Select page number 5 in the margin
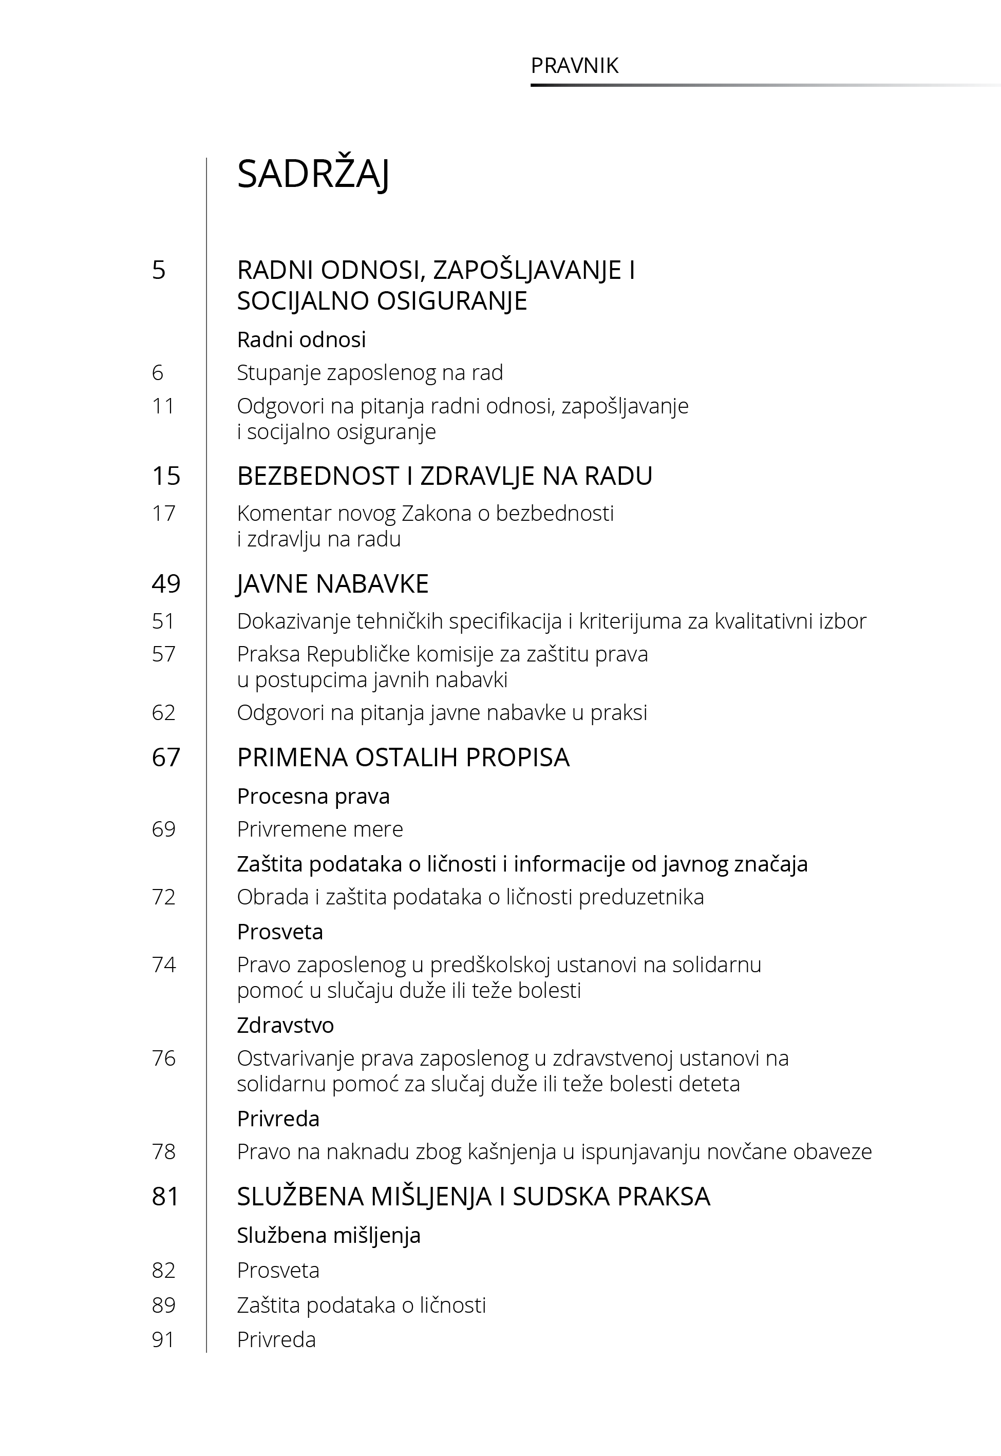tap(159, 270)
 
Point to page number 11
tap(163, 406)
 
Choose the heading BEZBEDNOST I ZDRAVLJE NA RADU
tap(444, 476)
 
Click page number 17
tap(163, 514)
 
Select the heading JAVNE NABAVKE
tap(332, 584)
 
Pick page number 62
tap(163, 713)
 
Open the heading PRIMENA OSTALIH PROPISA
tap(403, 758)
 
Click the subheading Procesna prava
tap(313, 797)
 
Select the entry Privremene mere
tap(320, 829)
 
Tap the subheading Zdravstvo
tap(286, 1025)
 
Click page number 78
tap(163, 1152)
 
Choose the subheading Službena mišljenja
tap(328, 1236)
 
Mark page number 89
tap(163, 1305)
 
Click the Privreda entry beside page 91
tap(276, 1339)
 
